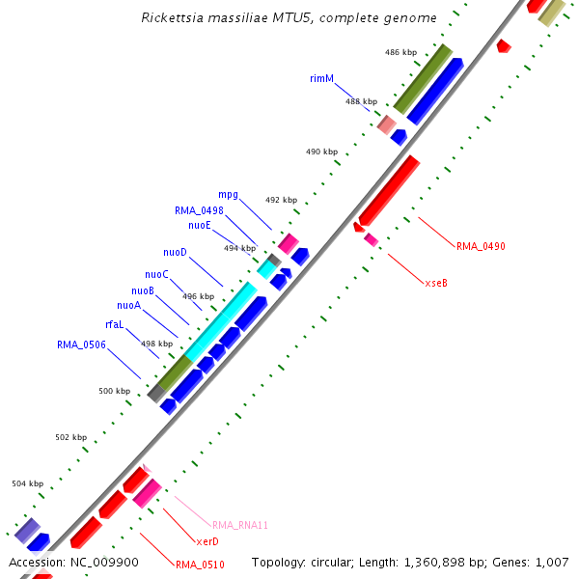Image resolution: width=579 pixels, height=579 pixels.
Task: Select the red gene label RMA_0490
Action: click(481, 246)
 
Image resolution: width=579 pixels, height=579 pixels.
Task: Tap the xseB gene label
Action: click(436, 283)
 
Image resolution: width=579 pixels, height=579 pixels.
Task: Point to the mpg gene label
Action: click(228, 194)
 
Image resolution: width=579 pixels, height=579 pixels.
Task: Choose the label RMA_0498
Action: click(199, 209)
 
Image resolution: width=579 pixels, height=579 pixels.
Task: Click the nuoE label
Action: click(200, 225)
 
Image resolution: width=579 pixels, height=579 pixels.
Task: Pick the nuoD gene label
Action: click(175, 253)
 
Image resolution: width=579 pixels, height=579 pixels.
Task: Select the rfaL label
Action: click(114, 324)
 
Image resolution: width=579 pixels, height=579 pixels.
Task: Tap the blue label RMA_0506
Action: click(81, 345)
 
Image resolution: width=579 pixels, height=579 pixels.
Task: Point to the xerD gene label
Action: click(207, 541)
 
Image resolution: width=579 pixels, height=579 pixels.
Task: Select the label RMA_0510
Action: click(200, 565)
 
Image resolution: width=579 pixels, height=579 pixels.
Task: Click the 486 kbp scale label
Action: click(400, 52)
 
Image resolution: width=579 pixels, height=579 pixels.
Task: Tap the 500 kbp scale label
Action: click(114, 391)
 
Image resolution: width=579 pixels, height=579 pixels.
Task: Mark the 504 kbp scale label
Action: click(27, 483)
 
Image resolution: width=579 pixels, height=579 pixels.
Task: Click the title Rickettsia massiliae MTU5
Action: click(289, 17)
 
